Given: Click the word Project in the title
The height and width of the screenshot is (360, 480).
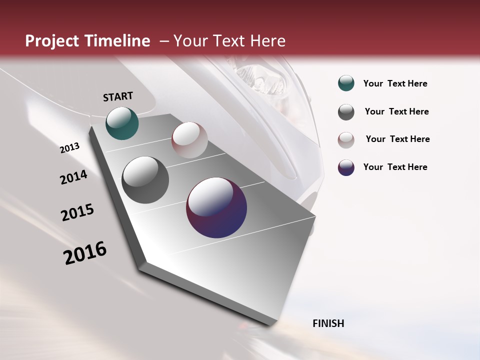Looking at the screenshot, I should (52, 41).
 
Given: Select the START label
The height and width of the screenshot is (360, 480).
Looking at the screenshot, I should (118, 96).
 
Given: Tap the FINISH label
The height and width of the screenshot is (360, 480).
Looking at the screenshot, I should (328, 323).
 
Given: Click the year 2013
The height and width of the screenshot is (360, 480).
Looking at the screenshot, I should (70, 147).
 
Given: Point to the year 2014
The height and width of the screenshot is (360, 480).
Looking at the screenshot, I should (74, 177).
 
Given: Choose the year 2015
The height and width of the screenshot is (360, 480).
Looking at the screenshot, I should (77, 212).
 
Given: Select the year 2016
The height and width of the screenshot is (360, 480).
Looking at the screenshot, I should (85, 253).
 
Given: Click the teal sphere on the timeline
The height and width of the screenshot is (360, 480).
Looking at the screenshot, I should (122, 123).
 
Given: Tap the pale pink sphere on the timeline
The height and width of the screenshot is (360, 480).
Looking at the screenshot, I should (189, 140).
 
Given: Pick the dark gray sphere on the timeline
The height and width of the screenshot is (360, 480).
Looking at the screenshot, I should (145, 180).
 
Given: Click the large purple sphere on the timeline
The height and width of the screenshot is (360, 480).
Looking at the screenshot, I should (216, 207).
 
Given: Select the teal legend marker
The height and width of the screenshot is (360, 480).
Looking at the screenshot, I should (346, 83).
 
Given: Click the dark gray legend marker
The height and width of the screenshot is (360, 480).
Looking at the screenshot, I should (346, 112).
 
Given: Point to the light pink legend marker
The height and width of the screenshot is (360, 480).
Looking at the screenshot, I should (346, 139).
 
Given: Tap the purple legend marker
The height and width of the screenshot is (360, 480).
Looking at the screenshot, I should (346, 167).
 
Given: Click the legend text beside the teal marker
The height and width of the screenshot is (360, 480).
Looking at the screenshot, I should (395, 84).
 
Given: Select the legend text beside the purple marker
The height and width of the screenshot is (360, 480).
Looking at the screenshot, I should (395, 167).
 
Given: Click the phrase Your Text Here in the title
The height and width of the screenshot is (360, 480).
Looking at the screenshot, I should (229, 41).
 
